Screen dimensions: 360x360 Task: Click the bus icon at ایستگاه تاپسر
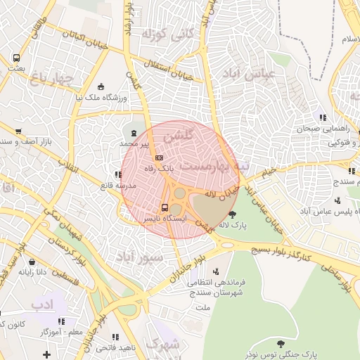coord(164,207)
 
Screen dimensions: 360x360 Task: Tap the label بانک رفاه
coord(159,169)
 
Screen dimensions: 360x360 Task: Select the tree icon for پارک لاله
coord(233,214)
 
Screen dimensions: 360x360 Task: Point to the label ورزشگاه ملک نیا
coord(101,98)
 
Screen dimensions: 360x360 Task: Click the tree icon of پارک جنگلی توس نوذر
coord(281,344)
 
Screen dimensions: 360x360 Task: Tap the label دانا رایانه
coord(32,271)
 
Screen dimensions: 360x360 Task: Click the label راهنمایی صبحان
coord(297,129)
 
